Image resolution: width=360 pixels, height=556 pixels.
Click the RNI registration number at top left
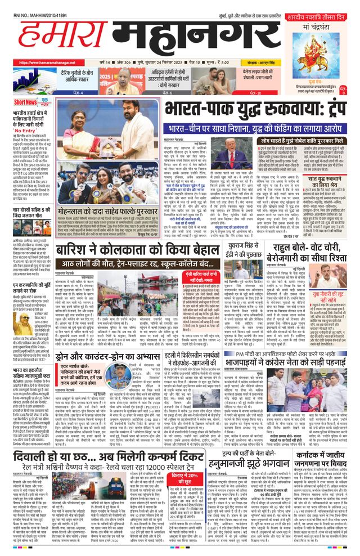(36, 5)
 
